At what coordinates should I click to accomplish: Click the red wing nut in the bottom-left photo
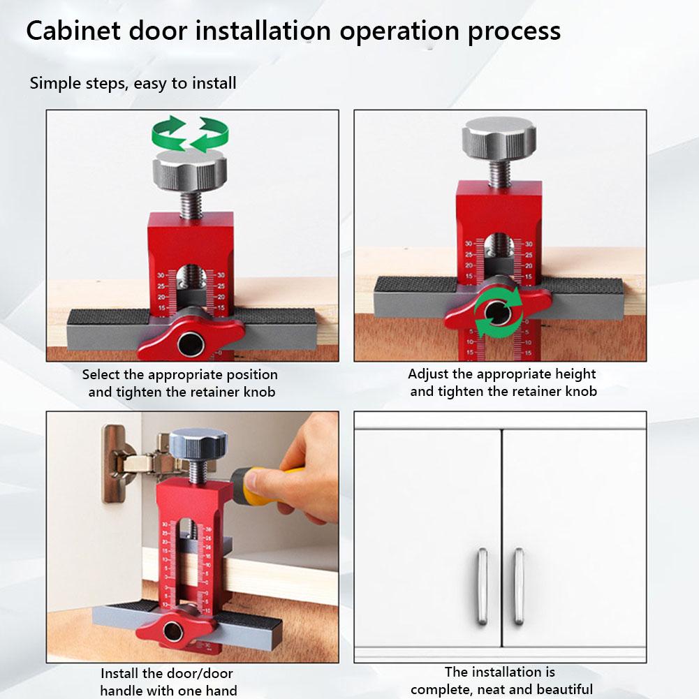[172, 632]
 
